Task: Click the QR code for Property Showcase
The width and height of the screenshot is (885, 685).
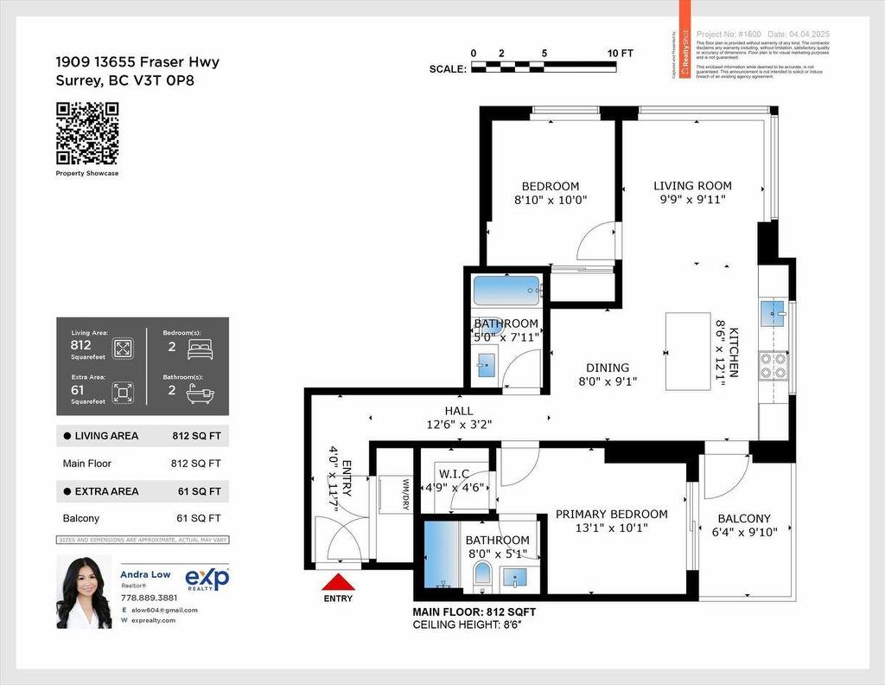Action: pyautogui.click(x=87, y=133)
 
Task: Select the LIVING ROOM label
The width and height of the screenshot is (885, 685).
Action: pyautogui.click(x=692, y=186)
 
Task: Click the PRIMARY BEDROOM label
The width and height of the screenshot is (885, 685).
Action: pyautogui.click(x=611, y=515)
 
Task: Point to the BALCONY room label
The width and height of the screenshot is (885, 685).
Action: pyautogui.click(x=743, y=519)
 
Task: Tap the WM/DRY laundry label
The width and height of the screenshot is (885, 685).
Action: pyautogui.click(x=404, y=493)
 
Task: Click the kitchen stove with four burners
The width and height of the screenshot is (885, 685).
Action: pyautogui.click(x=774, y=367)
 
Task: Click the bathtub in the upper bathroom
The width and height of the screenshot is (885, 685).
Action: pyautogui.click(x=506, y=288)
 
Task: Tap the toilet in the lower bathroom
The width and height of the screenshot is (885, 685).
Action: pyautogui.click(x=482, y=573)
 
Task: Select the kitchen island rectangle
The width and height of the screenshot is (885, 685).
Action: pyautogui.click(x=688, y=351)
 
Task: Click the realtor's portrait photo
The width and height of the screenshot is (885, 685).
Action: pyautogui.click(x=84, y=592)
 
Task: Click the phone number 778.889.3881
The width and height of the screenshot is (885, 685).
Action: pyautogui.click(x=149, y=598)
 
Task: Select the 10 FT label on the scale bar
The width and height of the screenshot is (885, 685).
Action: pyautogui.click(x=620, y=54)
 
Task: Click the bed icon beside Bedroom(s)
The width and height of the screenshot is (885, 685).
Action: pyautogui.click(x=200, y=349)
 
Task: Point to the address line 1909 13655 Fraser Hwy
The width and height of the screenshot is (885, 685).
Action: pyautogui.click(x=137, y=62)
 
